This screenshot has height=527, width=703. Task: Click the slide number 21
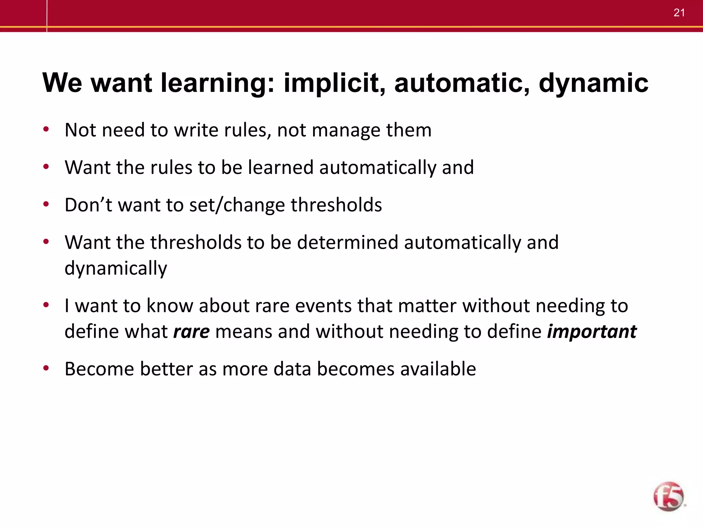pos(679,13)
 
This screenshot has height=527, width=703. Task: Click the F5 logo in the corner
pos(668,496)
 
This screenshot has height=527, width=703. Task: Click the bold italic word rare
pos(191,331)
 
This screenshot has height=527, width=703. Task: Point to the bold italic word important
pos(592,331)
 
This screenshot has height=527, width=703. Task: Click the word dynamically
pos(116,268)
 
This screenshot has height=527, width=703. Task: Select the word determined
pos(347,242)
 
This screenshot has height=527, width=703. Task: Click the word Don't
pos(88,205)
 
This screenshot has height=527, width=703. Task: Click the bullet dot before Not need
pos(46,130)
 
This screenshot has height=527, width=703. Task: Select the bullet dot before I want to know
pos(46,305)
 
